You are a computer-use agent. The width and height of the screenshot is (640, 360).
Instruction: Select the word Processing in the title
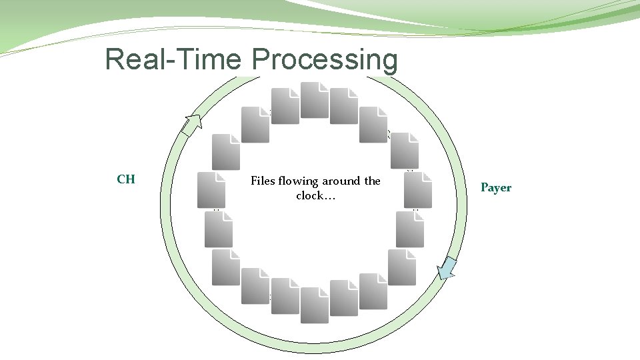point(325,59)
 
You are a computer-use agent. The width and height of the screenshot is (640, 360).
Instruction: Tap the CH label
point(126,179)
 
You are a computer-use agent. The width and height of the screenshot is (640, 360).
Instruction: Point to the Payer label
point(496,187)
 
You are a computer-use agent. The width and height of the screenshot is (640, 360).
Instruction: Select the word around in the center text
point(343,181)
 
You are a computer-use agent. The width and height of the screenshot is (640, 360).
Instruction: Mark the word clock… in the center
point(315,196)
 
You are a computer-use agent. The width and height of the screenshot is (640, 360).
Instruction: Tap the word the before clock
point(372,181)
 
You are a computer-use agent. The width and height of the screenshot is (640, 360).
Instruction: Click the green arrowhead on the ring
point(192,125)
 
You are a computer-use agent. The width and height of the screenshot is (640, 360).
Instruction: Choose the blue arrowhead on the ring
point(447,268)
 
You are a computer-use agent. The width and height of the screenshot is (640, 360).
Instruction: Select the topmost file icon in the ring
point(315,100)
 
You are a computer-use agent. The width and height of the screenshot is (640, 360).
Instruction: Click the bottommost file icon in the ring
point(315,305)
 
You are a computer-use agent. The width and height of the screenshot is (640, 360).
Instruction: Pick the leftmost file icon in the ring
point(211,190)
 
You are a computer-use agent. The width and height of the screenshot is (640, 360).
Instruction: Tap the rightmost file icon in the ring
point(418,190)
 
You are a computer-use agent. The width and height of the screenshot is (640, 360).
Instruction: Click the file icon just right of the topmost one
point(344,106)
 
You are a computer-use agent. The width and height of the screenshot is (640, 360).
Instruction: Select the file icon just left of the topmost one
point(285,106)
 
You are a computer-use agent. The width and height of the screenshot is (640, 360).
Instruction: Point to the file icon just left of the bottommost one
point(285,296)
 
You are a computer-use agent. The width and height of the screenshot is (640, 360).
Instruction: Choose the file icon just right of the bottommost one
point(344,298)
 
